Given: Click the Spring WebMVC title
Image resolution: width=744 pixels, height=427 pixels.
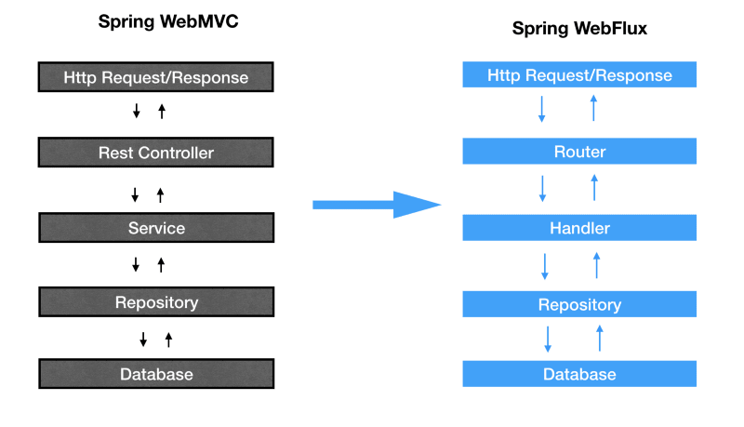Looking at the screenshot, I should [x=168, y=21].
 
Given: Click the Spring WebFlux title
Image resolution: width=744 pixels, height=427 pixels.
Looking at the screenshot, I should [x=579, y=29].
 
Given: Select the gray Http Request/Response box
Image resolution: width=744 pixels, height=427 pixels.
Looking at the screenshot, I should [x=156, y=77].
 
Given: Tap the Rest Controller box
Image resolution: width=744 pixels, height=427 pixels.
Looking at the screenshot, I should [x=156, y=153].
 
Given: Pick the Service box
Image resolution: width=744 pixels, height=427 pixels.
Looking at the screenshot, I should [x=156, y=228].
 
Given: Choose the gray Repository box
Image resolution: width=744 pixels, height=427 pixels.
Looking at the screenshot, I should [x=156, y=302].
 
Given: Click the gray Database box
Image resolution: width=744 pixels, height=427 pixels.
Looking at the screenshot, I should [x=156, y=374].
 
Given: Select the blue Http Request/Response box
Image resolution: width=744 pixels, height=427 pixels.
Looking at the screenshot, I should [x=579, y=75].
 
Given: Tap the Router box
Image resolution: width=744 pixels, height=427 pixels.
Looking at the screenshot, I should [x=579, y=152].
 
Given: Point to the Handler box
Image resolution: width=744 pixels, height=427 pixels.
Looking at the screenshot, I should [x=579, y=228].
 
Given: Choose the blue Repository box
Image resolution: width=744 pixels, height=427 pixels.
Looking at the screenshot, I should [x=579, y=304].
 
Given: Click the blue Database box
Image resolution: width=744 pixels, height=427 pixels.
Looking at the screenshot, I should [x=579, y=374].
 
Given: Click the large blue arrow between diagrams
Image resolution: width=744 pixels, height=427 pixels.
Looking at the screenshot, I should [x=376, y=205].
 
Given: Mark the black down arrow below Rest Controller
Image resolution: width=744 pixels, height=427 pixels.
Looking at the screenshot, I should [x=135, y=194].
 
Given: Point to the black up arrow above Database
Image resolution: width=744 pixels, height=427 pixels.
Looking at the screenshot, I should [x=168, y=340].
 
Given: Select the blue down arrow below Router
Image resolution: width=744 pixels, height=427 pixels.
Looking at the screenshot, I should [x=542, y=188].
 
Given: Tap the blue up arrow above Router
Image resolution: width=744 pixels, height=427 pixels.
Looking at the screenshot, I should [x=593, y=109].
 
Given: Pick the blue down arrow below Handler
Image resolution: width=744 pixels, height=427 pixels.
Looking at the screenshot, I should [x=545, y=265].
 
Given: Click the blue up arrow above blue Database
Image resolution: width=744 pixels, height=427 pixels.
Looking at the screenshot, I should [x=599, y=338].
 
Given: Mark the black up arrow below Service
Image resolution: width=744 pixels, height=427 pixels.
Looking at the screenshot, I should [x=161, y=265].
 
